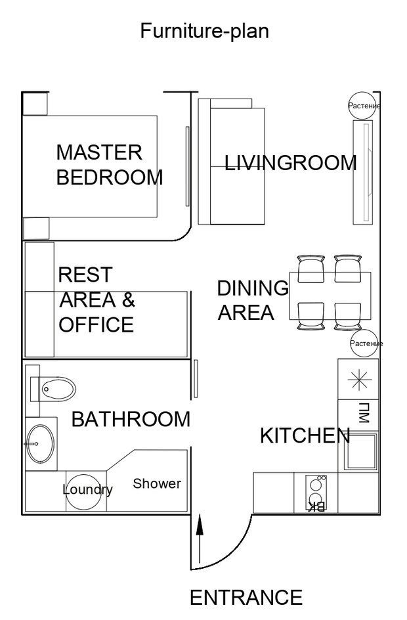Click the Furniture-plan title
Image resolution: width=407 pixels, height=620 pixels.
click(x=205, y=31)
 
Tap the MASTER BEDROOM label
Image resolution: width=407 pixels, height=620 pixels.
click(x=110, y=164)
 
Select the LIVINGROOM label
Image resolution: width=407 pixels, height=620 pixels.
click(x=290, y=163)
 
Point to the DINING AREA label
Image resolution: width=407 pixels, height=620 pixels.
click(x=253, y=300)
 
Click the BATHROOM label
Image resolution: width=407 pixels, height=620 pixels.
click(x=131, y=419)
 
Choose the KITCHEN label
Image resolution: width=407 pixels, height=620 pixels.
click(x=305, y=435)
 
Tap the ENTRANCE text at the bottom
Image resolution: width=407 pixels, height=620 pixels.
click(x=246, y=598)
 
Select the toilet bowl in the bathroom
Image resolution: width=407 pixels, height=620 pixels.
click(x=58, y=389)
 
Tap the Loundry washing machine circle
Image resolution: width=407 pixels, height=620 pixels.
click(x=83, y=491)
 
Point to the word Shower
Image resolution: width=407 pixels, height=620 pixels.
click(x=157, y=483)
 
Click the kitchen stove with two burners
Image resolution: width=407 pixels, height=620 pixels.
click(x=316, y=493)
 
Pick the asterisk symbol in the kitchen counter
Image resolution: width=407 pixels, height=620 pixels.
click(x=360, y=380)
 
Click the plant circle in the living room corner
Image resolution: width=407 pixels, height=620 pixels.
click(x=362, y=106)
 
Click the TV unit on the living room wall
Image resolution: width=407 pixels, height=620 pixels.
click(x=363, y=172)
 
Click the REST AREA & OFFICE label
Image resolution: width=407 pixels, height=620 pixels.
click(x=96, y=299)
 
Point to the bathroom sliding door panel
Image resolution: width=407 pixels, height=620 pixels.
click(x=196, y=379)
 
